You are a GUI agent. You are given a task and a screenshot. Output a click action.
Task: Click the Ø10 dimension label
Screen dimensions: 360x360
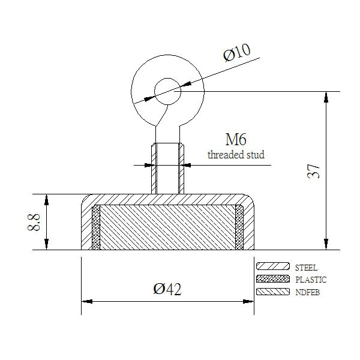tap(237, 53)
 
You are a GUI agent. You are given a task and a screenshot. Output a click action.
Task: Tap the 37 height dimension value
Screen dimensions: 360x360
tap(313, 171)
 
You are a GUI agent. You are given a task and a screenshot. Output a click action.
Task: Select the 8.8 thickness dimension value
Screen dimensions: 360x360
tap(34, 222)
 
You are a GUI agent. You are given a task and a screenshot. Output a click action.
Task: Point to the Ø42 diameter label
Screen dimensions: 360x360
tap(167, 289)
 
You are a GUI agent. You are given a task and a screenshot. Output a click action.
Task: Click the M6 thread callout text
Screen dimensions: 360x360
tap(236, 139)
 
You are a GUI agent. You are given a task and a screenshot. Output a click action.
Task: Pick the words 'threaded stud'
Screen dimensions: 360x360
tap(236, 155)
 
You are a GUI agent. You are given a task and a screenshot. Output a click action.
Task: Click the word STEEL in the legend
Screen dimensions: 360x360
tap(306, 268)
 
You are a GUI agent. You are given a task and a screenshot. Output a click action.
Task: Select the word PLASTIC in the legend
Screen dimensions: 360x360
tap(311, 280)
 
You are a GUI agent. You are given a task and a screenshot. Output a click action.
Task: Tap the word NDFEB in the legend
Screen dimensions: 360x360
tap(307, 292)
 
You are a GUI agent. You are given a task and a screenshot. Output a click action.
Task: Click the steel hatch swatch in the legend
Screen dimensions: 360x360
tap(273, 266)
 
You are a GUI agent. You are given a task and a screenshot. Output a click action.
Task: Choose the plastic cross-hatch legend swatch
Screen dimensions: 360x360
tap(273, 279)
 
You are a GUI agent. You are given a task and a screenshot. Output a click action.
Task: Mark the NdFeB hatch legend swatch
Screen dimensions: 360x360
tap(273, 292)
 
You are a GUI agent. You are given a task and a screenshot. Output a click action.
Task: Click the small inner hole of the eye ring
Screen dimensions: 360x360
tap(167, 91)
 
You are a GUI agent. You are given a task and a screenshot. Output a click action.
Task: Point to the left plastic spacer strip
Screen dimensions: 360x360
tap(96, 227)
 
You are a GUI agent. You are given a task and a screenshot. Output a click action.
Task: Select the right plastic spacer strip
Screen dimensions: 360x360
tap(239, 227)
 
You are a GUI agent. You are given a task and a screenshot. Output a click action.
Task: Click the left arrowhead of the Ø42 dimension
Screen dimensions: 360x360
tap(87, 301)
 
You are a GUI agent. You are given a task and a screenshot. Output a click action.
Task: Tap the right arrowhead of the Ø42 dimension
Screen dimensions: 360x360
tap(248, 301)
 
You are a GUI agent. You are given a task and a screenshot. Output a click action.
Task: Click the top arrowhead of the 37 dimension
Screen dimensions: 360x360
tap(326, 97)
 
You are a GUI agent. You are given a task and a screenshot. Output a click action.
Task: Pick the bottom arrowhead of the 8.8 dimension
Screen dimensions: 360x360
tap(47, 244)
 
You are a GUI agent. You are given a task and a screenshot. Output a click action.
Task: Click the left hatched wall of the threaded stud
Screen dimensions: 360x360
tap(154, 169)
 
